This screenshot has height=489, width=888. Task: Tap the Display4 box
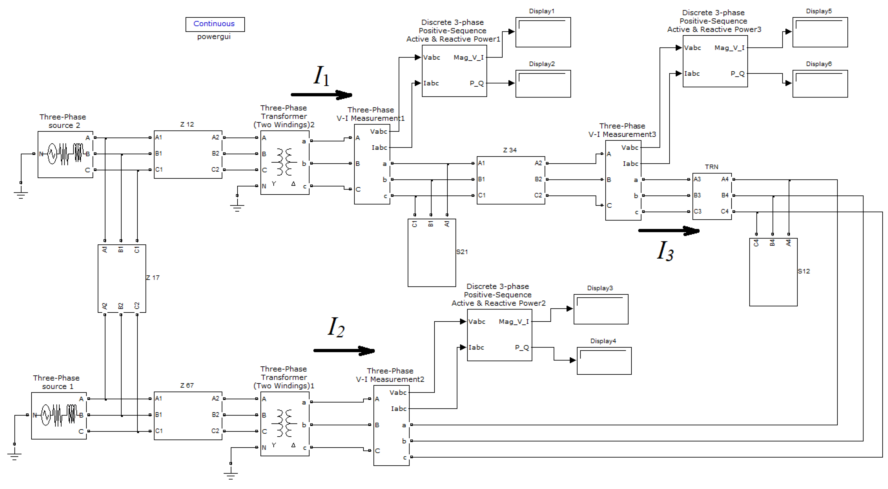(604, 361)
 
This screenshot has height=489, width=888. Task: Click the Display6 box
(820, 83)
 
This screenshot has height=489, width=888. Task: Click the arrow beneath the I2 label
(344, 350)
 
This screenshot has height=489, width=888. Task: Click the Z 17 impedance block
(122, 279)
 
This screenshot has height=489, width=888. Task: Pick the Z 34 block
(511, 180)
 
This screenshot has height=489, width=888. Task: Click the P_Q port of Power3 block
(737, 73)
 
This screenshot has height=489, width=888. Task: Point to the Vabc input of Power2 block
(477, 322)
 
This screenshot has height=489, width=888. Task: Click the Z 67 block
(188, 415)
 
